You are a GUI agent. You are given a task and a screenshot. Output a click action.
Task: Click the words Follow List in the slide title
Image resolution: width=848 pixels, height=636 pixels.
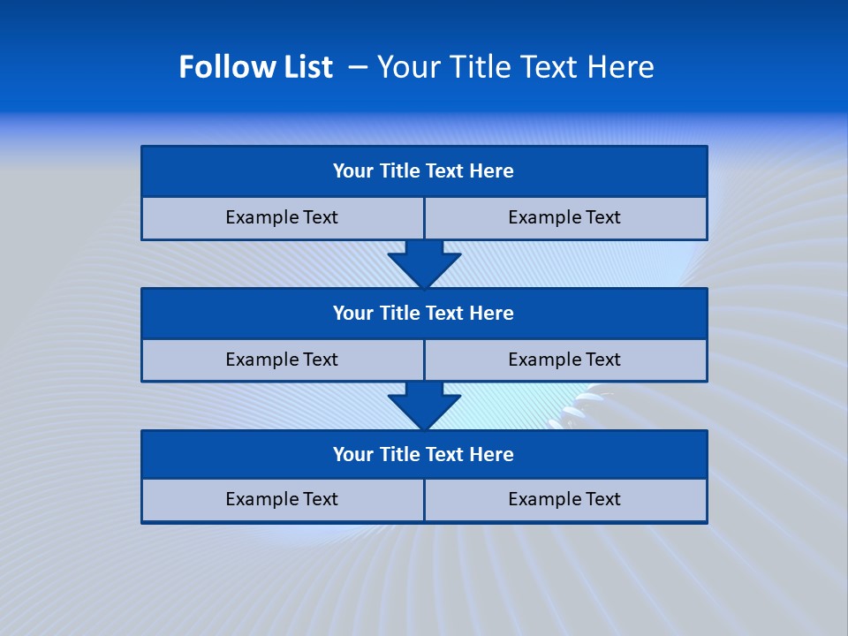[x=255, y=67]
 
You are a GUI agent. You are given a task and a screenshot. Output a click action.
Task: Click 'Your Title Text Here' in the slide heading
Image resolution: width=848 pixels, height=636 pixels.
[x=515, y=67]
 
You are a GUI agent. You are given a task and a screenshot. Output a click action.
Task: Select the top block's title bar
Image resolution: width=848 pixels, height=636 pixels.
[x=424, y=171]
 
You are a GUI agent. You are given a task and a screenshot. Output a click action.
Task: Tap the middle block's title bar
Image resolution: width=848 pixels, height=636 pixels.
[x=424, y=313]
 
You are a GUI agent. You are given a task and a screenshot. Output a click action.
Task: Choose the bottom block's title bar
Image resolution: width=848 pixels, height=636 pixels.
[x=424, y=454]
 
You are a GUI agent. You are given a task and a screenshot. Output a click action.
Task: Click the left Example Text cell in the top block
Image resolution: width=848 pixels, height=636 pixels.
[x=282, y=217]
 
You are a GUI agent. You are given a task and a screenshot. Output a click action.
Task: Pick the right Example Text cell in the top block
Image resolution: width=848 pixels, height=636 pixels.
[x=564, y=217]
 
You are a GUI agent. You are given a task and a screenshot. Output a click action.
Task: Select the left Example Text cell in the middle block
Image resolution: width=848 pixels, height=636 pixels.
[x=282, y=360]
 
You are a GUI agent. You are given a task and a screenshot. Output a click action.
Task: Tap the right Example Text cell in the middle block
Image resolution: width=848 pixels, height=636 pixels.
[x=564, y=360]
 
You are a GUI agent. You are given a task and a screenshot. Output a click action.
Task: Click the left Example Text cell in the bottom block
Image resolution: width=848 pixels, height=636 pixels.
[x=282, y=499]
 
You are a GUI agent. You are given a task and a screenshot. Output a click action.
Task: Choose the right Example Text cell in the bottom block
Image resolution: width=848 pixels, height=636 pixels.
[x=564, y=499]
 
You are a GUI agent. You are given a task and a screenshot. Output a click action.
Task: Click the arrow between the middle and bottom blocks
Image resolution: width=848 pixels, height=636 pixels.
[x=424, y=405]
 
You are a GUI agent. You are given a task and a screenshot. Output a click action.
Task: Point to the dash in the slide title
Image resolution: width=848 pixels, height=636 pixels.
[x=359, y=67]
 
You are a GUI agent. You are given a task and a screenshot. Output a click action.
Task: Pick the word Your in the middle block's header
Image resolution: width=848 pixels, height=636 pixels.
[x=353, y=313]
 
